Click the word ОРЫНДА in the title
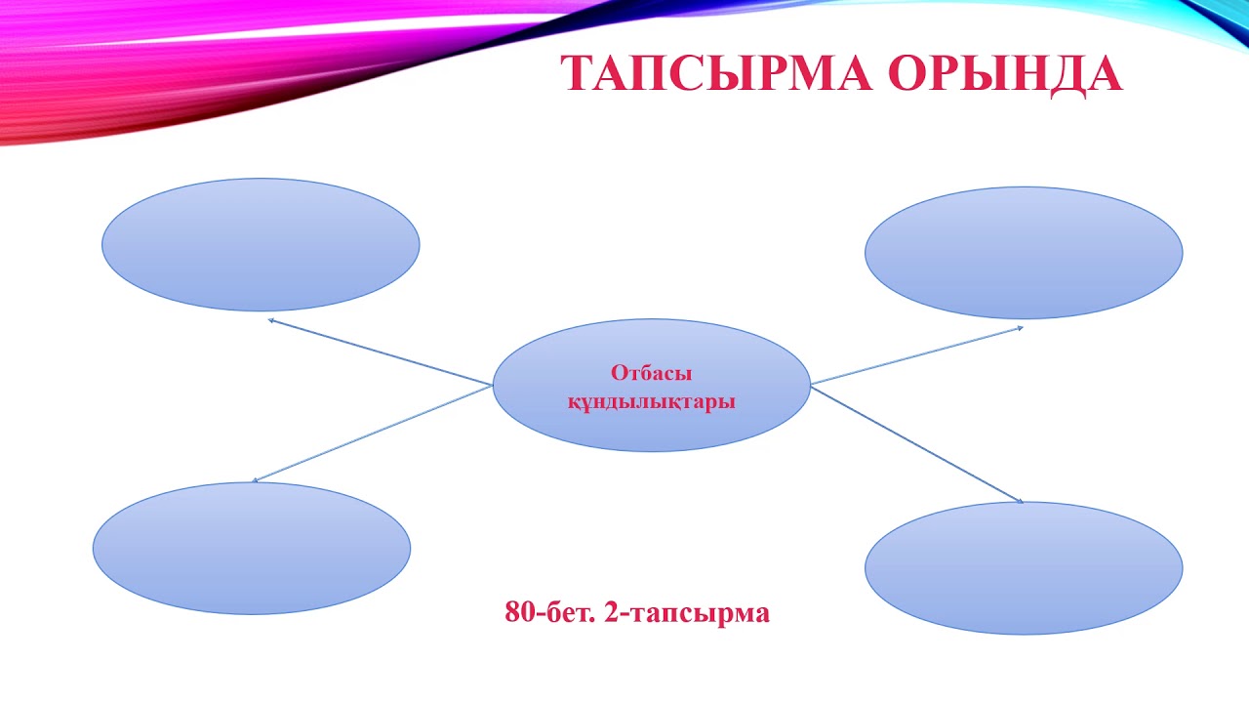click(x=1005, y=74)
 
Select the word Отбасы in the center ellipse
click(x=651, y=373)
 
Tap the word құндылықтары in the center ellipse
click(x=651, y=401)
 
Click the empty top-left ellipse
click(x=261, y=244)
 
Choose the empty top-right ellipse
click(x=1024, y=253)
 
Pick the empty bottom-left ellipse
click(x=252, y=548)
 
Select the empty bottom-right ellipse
click(x=1024, y=567)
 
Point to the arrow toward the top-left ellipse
click(x=381, y=351)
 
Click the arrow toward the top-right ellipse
click(x=917, y=355)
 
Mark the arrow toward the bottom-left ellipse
click(x=371, y=434)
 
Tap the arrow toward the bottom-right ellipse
click(x=917, y=444)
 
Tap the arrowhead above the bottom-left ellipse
click(x=256, y=480)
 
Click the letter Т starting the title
click(x=579, y=74)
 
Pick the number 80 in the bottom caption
click(x=518, y=613)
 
